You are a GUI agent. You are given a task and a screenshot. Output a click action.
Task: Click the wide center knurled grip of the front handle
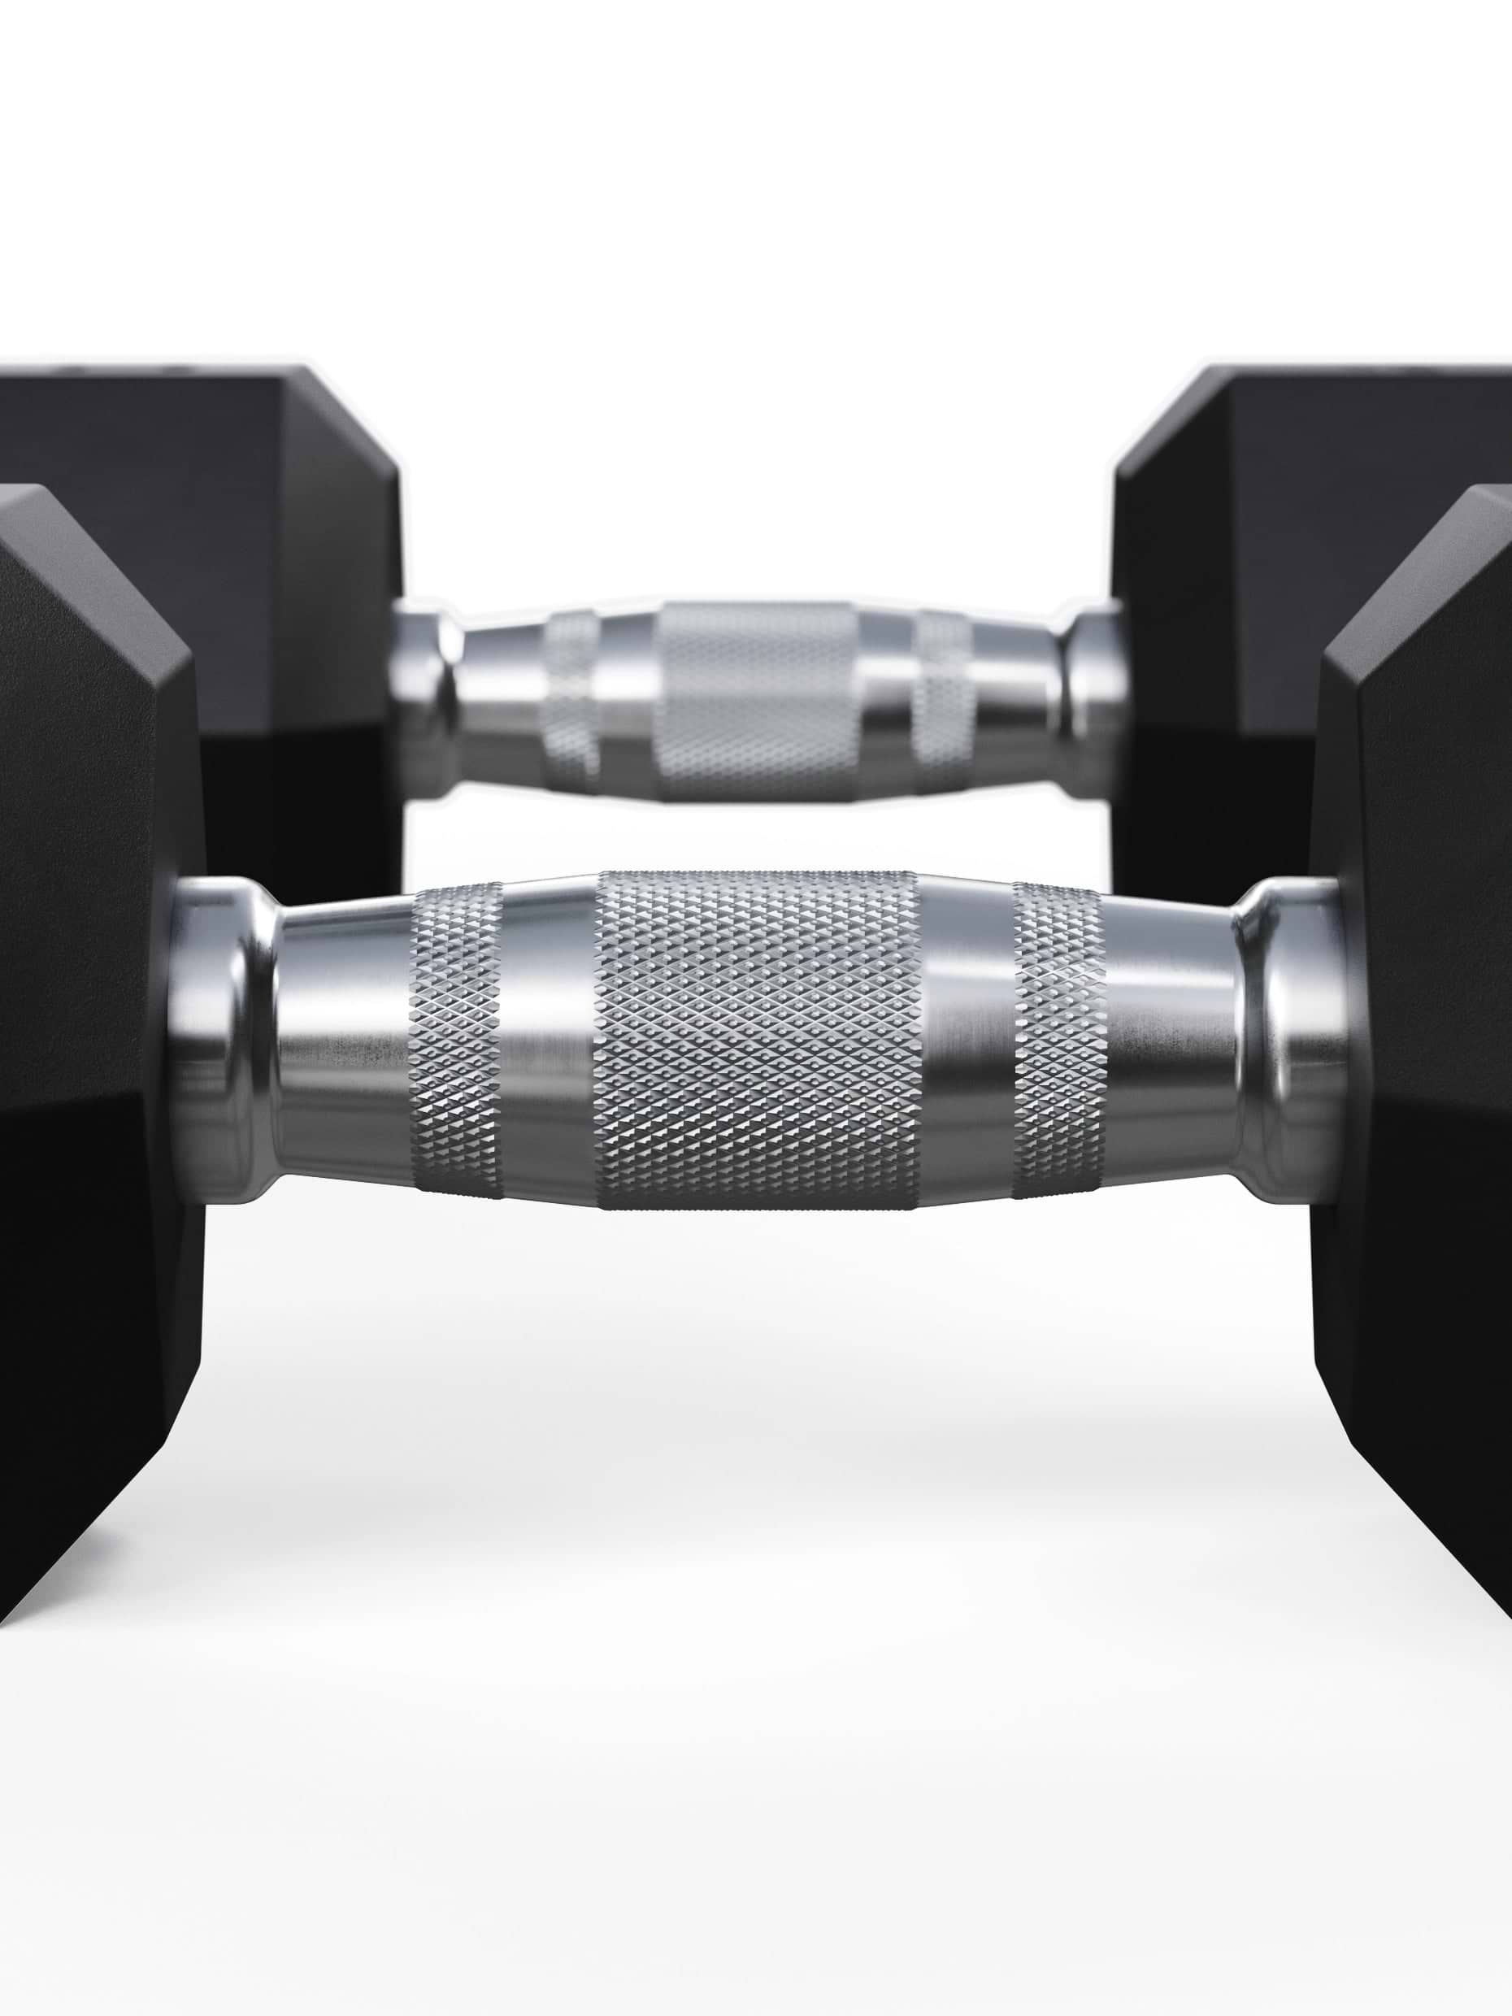click(x=757, y=1039)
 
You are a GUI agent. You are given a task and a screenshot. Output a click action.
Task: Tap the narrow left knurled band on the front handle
click(x=456, y=1039)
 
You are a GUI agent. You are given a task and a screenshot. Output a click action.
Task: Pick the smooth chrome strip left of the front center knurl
click(x=549, y=1039)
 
